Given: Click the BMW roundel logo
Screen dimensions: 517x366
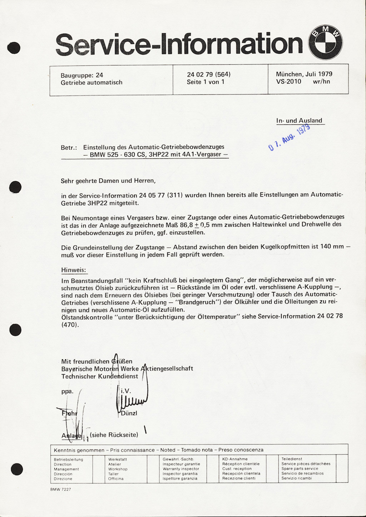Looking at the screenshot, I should [325, 43].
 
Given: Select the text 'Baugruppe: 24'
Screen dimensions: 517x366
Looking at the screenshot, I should [82, 75].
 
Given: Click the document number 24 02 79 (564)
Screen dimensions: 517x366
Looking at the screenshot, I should [209, 74].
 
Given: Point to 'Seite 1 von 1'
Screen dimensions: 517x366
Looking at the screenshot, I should [206, 82].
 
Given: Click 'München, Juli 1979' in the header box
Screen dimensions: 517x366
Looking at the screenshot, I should [304, 74].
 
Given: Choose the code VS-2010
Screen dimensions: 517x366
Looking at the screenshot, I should [288, 82].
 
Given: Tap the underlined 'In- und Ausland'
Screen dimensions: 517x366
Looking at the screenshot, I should [299, 120].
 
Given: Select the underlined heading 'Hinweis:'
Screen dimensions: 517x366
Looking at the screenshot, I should [74, 270].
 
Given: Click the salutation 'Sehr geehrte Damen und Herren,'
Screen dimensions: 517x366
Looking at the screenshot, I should [108, 181].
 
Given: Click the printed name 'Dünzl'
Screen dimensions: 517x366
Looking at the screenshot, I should [129, 413].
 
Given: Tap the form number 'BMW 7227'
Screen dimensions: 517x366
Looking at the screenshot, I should [61, 489].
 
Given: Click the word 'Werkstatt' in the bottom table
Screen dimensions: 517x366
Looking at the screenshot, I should [118, 459].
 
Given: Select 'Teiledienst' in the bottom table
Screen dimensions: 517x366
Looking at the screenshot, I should [292, 459].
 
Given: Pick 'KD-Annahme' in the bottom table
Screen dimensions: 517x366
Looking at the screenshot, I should [235, 459].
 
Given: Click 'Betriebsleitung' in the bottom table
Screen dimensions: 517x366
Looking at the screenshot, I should [69, 459].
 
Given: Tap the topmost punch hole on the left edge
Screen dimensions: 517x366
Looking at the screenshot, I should [14, 48].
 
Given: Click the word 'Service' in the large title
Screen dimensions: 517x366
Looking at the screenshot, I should [105, 45].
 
